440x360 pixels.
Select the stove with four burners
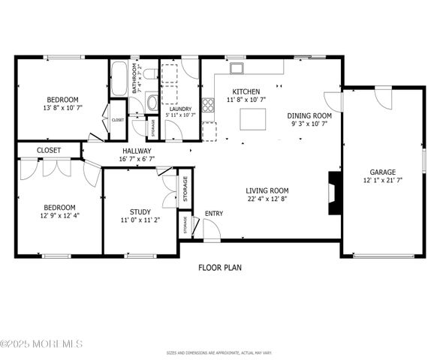click(x=208, y=104)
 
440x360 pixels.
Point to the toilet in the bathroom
click(x=150, y=74)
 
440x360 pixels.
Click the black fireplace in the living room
click(x=336, y=193)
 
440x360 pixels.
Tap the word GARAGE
click(x=382, y=172)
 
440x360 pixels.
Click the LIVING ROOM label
click(x=267, y=190)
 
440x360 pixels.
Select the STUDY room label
click(x=140, y=212)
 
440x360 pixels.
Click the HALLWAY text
click(x=137, y=151)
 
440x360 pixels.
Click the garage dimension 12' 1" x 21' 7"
click(x=383, y=180)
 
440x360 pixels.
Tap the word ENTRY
click(x=214, y=214)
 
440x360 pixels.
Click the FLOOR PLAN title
click(x=220, y=267)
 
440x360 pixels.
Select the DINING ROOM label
click(x=309, y=116)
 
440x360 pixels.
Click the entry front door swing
click(x=211, y=230)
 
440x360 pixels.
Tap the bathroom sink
click(x=152, y=102)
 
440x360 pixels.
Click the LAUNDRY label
click(x=180, y=108)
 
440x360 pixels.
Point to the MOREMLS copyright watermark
click(x=41, y=343)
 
